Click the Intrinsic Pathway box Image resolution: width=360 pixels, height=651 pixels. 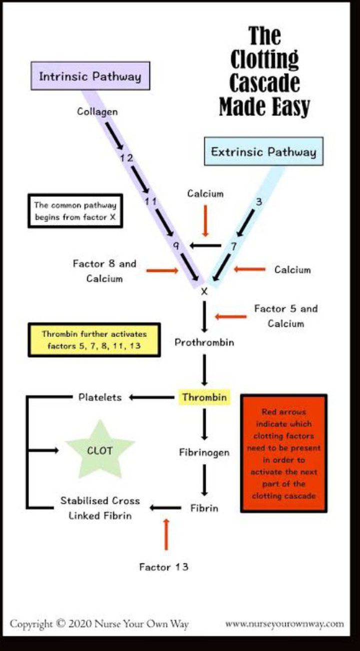pos(90,76)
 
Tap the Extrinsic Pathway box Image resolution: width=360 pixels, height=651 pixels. pos(263,151)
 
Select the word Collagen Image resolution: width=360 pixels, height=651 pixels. pos(97,111)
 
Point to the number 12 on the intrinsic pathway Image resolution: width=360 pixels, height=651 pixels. pos(126,158)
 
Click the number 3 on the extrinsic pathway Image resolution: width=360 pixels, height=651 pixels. pos(258,201)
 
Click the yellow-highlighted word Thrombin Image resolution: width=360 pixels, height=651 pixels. pos(204,397)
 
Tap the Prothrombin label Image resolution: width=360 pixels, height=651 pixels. pos(204,342)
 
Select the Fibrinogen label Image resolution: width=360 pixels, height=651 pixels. pos(204,452)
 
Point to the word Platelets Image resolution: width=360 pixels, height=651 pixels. pos(100,397)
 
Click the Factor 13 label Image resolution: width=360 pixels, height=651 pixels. pos(163,567)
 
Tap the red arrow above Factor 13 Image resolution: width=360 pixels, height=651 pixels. pos(166,534)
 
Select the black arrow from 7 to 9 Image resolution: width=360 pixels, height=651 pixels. pos(206,245)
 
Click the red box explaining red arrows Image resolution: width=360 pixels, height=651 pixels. pos(283,453)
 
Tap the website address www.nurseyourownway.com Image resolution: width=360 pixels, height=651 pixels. pos(284,623)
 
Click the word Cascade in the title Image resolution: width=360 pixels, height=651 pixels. pos(265,83)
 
